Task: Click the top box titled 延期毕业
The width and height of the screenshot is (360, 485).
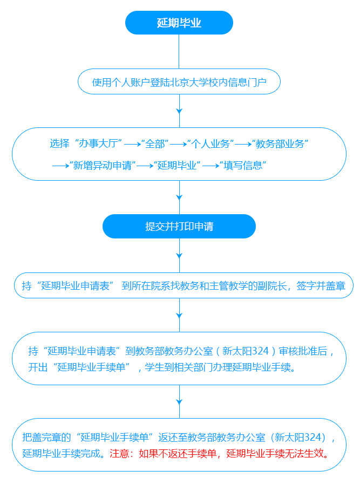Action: [x=179, y=23]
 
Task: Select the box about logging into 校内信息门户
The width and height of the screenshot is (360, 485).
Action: [x=179, y=81]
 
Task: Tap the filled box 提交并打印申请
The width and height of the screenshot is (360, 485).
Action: [x=179, y=226]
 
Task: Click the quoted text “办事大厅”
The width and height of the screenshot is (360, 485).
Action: [x=98, y=144]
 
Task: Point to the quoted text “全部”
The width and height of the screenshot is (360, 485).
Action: [x=155, y=144]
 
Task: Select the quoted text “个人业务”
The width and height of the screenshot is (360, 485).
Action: [x=210, y=144]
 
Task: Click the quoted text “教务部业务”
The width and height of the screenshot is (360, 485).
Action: [x=280, y=144]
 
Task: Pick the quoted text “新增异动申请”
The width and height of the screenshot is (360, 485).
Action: [x=103, y=165]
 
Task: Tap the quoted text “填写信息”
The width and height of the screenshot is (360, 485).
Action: [x=243, y=165]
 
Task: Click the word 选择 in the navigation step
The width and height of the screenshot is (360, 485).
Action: [x=59, y=144]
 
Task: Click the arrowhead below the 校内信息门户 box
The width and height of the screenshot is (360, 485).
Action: [x=179, y=111]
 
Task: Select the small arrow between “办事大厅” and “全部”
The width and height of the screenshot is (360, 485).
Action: [x=132, y=144]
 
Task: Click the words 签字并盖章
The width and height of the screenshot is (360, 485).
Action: [x=321, y=285]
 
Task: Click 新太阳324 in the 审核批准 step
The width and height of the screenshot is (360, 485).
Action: [x=246, y=351]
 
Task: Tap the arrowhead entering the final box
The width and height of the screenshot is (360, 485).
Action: [x=179, y=401]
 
